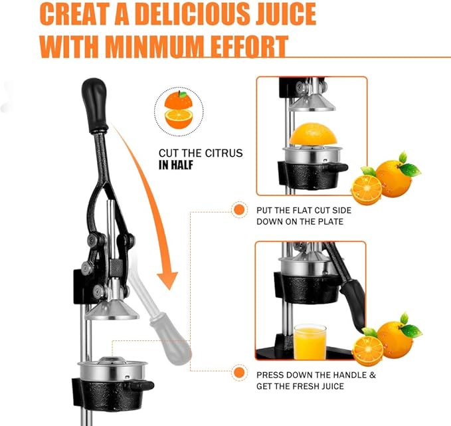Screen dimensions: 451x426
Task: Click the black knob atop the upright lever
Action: tap(95, 105)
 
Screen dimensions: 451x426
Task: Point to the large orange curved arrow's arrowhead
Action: tap(167, 280)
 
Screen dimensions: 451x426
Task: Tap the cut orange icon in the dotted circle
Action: tap(179, 110)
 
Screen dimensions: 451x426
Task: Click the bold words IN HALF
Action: tap(176, 165)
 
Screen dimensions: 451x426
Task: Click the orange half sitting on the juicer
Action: tap(313, 134)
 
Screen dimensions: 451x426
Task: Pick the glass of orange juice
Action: tap(310, 342)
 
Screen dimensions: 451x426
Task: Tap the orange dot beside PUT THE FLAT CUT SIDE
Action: tap(239, 210)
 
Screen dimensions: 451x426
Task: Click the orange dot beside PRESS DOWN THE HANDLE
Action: tap(239, 373)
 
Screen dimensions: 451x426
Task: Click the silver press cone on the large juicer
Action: tap(112, 310)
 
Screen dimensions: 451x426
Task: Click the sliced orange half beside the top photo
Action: tap(367, 189)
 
